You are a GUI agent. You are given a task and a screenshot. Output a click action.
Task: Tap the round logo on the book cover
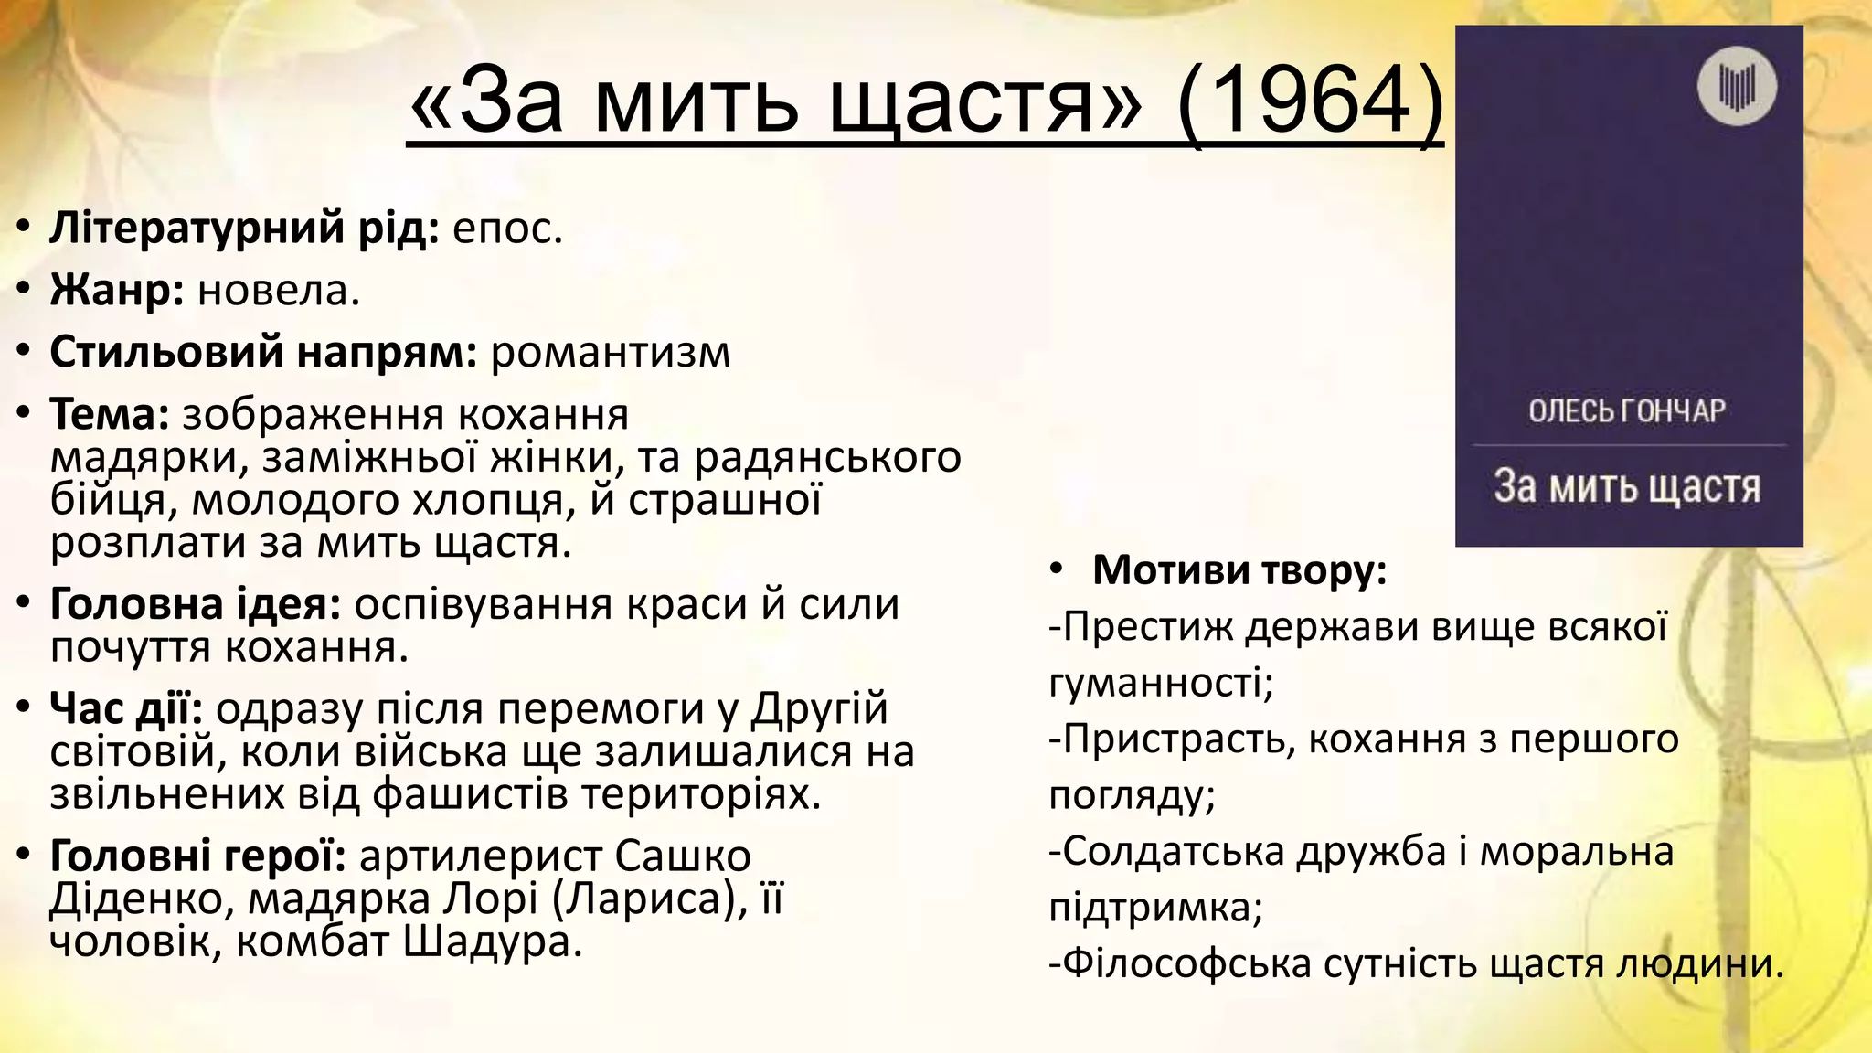(x=1737, y=87)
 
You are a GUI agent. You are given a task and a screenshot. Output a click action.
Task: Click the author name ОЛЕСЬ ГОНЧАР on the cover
(x=1627, y=411)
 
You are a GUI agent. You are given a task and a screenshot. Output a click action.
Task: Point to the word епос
(x=506, y=229)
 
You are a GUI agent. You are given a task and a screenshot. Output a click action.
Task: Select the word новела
(x=278, y=291)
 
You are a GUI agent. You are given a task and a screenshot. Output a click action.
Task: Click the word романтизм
(x=611, y=353)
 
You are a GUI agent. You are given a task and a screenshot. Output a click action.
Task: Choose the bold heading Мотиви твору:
(x=1239, y=570)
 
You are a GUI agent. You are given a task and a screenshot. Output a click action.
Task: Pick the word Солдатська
(x=1173, y=852)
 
